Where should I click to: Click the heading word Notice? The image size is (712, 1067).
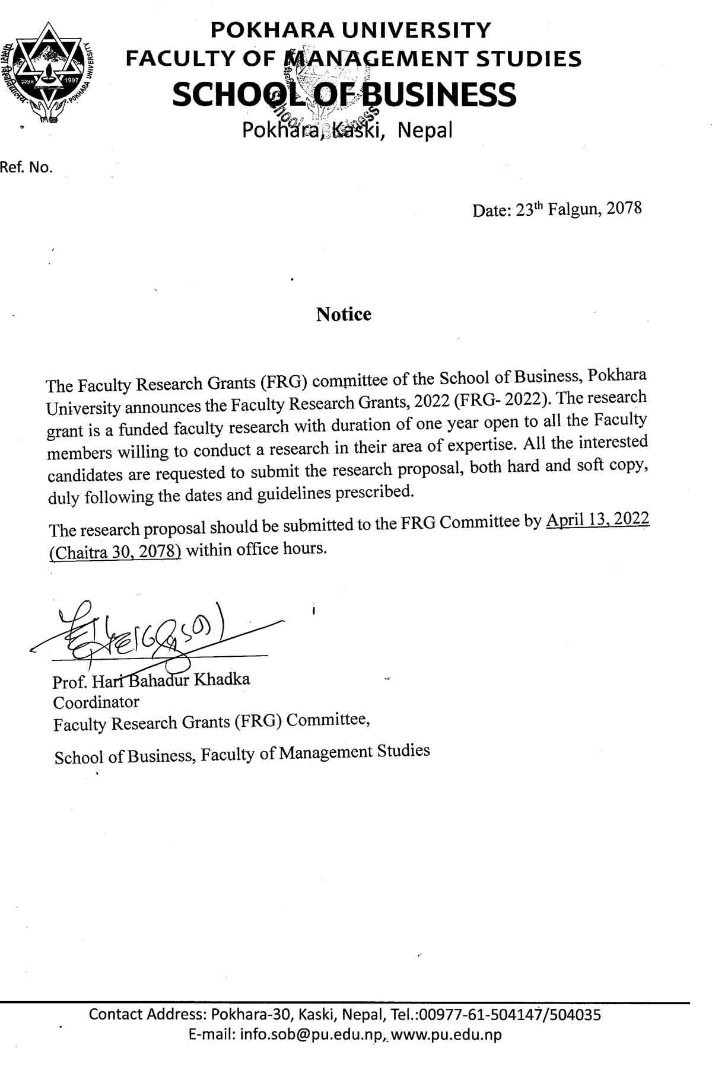coord(344,314)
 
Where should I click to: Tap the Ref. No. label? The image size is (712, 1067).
coord(27,168)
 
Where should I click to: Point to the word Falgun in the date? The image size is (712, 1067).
coord(573,209)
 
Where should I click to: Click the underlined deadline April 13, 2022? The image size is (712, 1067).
coord(597,520)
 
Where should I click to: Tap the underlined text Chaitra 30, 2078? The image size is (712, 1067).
coord(115,552)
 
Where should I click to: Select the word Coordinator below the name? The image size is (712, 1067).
coord(96,702)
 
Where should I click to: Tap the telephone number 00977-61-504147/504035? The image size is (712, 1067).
coord(510,1014)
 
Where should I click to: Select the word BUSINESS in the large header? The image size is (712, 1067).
coord(438,95)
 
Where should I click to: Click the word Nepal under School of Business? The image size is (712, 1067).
coord(425,130)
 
